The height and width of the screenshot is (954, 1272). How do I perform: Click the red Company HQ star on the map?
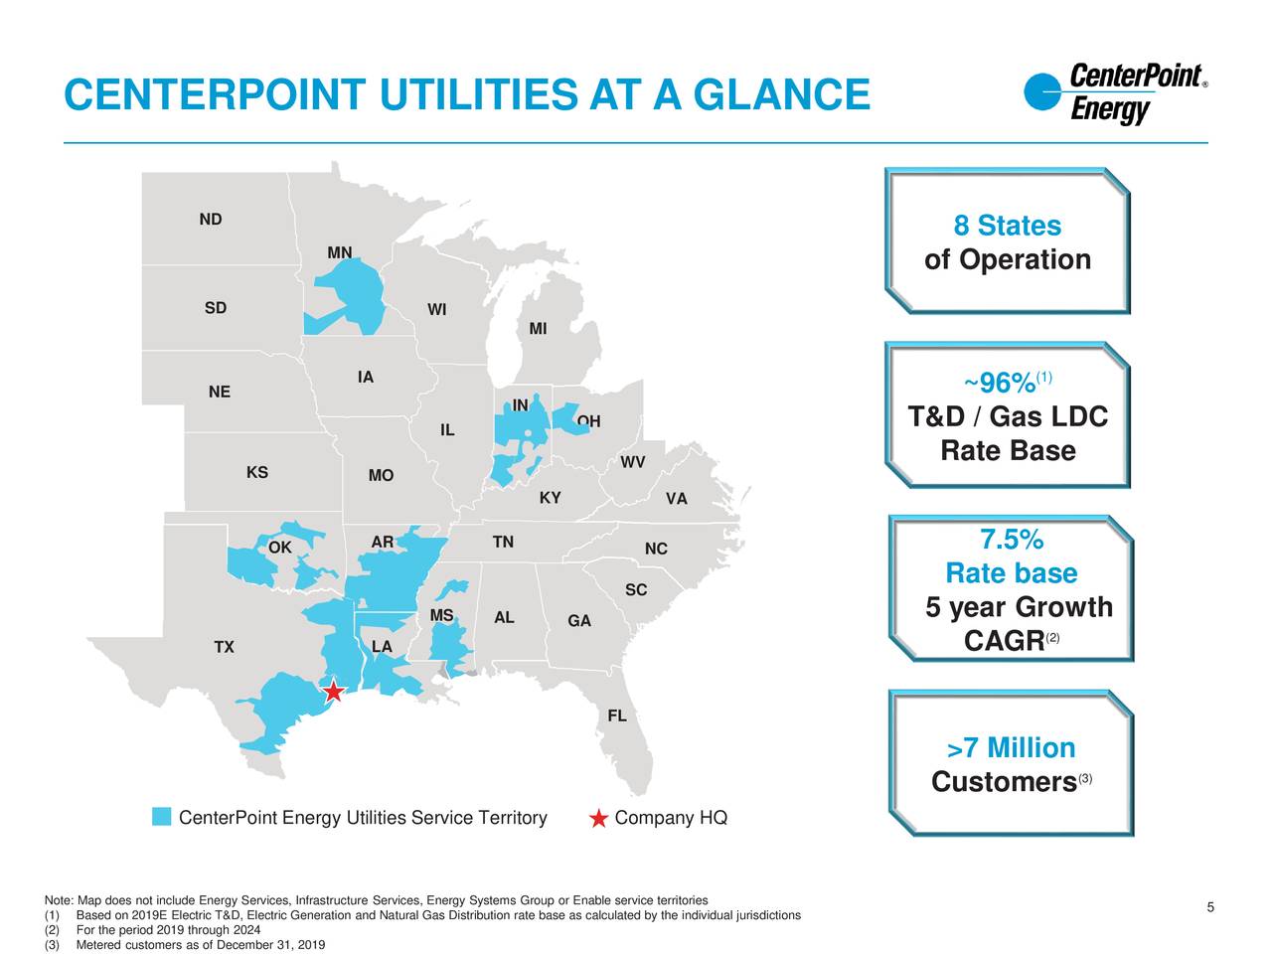pos(333,692)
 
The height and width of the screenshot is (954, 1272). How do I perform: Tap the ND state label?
pos(210,220)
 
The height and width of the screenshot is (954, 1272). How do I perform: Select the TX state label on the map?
pos(224,648)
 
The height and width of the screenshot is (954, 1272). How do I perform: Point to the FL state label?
pos(616,716)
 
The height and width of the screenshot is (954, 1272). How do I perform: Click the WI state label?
pos(436,310)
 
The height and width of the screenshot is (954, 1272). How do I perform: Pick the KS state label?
pos(256,472)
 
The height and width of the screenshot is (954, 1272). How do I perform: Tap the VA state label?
pos(676,499)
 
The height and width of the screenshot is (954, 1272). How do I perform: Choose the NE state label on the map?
pos(220,393)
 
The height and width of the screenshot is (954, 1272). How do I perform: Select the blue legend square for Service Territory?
pos(162,817)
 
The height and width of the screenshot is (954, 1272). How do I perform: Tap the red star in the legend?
pos(598,818)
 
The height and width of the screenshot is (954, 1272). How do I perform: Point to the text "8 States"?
pos(1007,227)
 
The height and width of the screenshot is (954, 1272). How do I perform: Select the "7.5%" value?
pos(1012,541)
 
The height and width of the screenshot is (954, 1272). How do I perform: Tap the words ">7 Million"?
pos(1012,748)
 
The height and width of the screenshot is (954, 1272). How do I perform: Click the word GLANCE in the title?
pos(780,95)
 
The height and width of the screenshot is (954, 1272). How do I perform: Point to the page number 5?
pos(1210,907)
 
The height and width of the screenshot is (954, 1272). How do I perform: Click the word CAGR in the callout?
pos(1004,642)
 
